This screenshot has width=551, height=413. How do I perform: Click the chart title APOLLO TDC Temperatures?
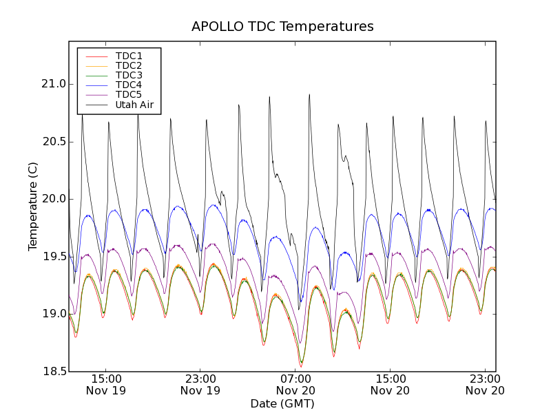point(282,27)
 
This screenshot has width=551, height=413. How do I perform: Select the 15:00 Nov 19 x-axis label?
point(105,384)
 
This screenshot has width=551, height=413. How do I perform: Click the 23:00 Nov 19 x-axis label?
point(200,384)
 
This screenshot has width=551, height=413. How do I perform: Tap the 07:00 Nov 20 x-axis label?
point(295,384)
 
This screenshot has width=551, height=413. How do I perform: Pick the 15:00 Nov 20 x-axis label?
point(391,384)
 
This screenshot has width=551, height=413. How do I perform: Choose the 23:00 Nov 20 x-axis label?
point(485,384)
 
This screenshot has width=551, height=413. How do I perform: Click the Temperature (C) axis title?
point(33,206)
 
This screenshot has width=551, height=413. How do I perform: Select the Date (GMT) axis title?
point(282,403)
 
